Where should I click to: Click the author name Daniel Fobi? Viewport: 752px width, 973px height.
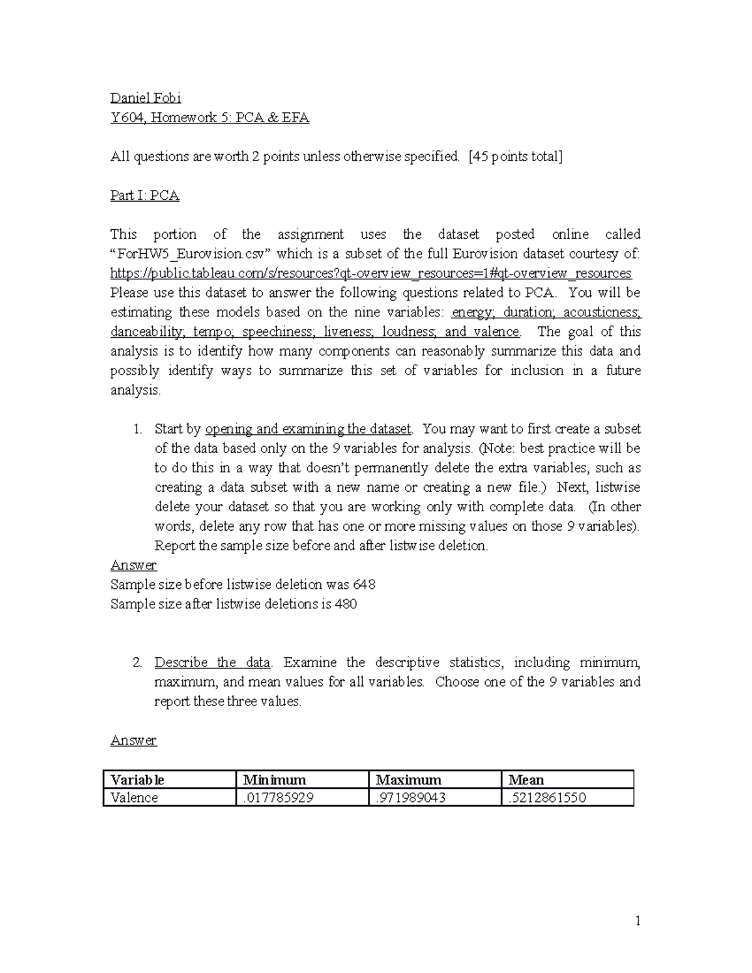[x=145, y=98]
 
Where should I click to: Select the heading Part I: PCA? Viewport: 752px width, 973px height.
[x=145, y=195]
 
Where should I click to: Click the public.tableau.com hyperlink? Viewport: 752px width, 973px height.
[x=371, y=273]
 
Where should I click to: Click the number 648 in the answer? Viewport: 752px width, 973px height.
[x=364, y=585]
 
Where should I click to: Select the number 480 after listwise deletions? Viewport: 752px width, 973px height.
[x=345, y=604]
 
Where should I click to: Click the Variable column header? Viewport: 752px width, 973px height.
[x=137, y=780]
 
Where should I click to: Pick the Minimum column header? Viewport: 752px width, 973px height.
[x=274, y=780]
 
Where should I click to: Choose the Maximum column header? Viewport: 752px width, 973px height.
[x=409, y=780]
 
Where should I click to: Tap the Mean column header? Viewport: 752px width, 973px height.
[x=526, y=780]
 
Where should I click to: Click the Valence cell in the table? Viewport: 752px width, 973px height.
[x=134, y=798]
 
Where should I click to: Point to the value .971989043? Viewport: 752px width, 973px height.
[x=410, y=798]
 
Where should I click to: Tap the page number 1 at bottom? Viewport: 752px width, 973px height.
[x=637, y=921]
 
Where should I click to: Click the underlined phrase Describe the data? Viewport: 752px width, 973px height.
[x=212, y=662]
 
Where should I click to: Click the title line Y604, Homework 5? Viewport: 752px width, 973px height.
[x=210, y=117]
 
